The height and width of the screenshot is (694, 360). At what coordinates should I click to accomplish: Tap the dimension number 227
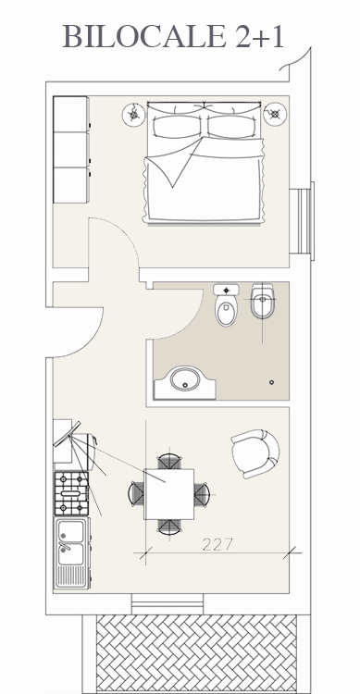click(x=217, y=544)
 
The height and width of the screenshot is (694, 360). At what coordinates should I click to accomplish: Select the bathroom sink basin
click(x=185, y=379)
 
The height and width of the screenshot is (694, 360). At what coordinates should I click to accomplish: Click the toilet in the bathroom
click(x=227, y=305)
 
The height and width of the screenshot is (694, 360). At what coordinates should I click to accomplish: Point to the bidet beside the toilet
click(x=263, y=301)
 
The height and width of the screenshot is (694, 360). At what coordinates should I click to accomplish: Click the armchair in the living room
click(x=255, y=453)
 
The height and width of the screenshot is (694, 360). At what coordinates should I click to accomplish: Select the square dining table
click(x=168, y=494)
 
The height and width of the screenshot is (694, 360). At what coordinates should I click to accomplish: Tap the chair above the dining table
click(x=169, y=461)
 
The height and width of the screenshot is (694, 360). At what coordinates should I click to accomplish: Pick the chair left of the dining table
click(x=136, y=493)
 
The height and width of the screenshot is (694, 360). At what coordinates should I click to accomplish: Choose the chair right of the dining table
click(x=202, y=494)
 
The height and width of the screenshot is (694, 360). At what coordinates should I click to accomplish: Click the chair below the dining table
click(x=169, y=527)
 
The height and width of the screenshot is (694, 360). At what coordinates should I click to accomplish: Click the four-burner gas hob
click(x=71, y=493)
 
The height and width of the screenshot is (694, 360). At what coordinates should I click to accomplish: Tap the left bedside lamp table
click(x=133, y=115)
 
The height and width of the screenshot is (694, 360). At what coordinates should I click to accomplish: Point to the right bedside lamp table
click(x=275, y=114)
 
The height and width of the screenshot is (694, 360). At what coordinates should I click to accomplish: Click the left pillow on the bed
click(x=176, y=127)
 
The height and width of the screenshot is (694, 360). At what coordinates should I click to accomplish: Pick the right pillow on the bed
click(x=232, y=127)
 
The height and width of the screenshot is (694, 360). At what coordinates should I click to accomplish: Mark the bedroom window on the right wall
click(x=302, y=221)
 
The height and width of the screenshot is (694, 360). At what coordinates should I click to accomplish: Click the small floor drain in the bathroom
click(x=271, y=382)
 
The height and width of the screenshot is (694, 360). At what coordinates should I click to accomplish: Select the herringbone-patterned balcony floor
click(x=196, y=653)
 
